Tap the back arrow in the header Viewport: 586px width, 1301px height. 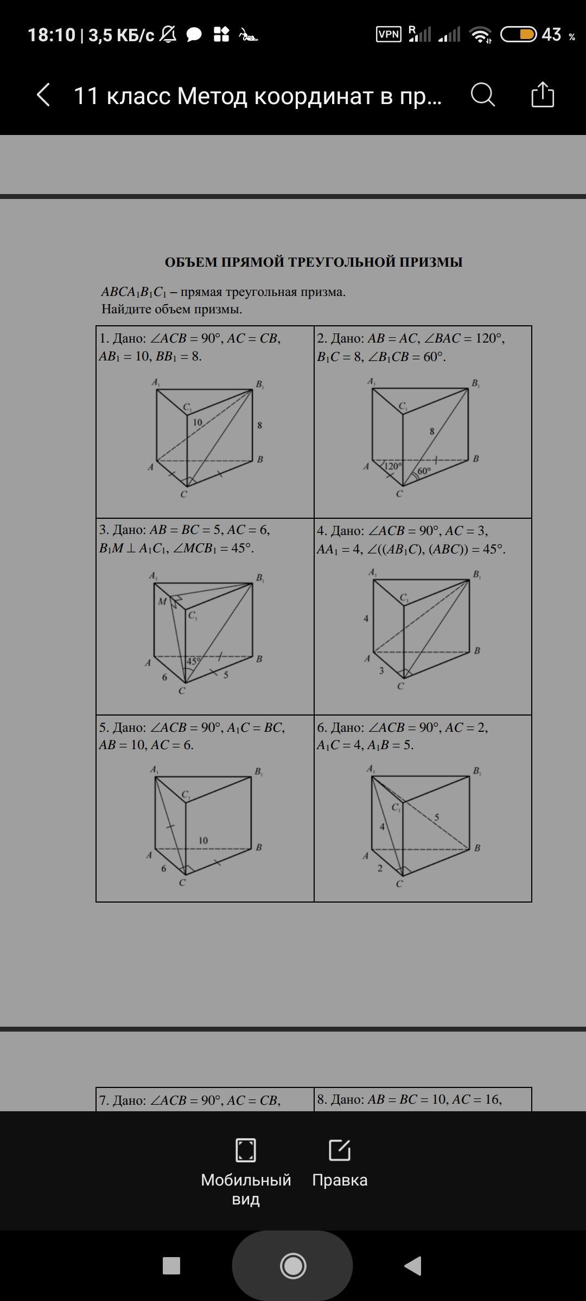[x=43, y=95]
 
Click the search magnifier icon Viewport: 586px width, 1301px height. [x=483, y=95]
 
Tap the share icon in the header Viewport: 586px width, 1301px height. [x=543, y=94]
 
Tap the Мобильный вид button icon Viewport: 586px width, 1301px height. [x=246, y=1150]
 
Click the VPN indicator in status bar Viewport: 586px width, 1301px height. [x=389, y=35]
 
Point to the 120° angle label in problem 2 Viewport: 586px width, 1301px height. [x=393, y=466]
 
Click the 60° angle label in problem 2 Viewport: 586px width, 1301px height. [x=424, y=471]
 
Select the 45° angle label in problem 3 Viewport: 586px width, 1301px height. [x=194, y=661]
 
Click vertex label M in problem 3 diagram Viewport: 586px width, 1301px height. [x=162, y=601]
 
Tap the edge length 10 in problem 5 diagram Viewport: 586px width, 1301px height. [x=203, y=840]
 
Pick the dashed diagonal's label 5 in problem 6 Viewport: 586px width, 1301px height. [x=437, y=817]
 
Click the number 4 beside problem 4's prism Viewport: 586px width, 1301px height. [x=366, y=618]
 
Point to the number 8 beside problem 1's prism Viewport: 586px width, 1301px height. [x=259, y=425]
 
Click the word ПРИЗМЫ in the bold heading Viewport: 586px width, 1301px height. [x=431, y=262]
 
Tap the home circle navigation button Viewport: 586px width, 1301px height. [x=293, y=1266]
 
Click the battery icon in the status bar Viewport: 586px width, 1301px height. [x=518, y=35]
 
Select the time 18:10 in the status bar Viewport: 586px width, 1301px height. [x=52, y=35]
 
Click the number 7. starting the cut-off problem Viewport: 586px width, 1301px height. [x=104, y=1100]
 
